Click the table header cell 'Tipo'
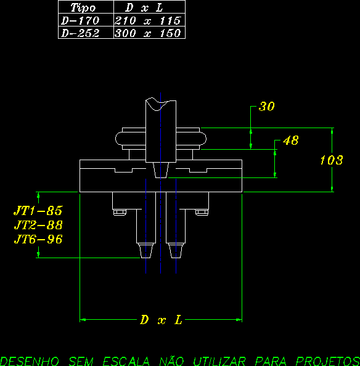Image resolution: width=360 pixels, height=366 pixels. (x=86, y=7)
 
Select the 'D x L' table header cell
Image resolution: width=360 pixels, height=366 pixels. (x=149, y=7)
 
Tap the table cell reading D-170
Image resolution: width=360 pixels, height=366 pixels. (x=86, y=20)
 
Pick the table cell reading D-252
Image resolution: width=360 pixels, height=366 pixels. (x=86, y=33)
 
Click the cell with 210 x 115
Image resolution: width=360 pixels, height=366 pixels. (x=149, y=20)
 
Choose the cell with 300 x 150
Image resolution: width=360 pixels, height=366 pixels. (x=149, y=33)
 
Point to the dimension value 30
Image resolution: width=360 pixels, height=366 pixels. (x=267, y=107)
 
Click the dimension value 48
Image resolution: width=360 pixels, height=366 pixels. (x=291, y=140)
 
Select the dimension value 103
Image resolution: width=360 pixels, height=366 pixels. (x=332, y=160)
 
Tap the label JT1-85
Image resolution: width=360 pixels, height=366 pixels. (x=38, y=211)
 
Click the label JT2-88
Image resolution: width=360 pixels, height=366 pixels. (x=38, y=225)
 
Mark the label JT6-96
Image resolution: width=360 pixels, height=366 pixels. (x=38, y=239)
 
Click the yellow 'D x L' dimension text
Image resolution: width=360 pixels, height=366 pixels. (x=161, y=320)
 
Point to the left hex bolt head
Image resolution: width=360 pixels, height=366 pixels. (x=120, y=213)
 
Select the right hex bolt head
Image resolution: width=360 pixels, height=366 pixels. (x=202, y=213)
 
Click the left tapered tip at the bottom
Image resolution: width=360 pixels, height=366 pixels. (x=146, y=251)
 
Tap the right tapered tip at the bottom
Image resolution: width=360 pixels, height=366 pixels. (x=176, y=251)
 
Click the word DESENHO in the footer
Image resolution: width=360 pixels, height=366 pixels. (x=30, y=361)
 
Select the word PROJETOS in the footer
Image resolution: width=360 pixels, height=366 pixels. (x=328, y=361)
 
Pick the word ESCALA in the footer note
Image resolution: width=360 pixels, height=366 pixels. (x=126, y=361)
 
